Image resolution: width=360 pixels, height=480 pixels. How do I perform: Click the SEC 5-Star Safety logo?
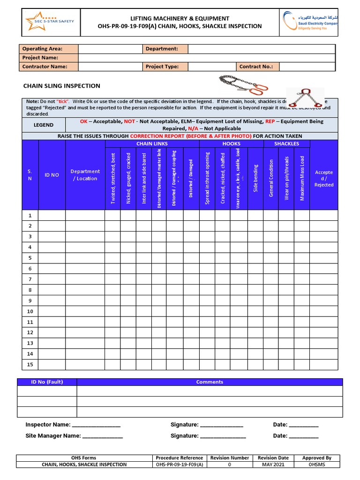[x=50, y=22]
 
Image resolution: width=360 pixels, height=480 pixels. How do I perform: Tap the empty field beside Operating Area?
[x=110, y=49]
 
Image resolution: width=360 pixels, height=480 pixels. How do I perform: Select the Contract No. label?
[x=256, y=67]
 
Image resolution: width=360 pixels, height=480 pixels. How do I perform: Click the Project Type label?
[x=162, y=67]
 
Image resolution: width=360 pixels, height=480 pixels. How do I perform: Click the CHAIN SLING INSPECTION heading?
[x=62, y=86]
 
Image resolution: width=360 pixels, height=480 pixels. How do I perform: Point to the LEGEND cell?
[x=43, y=125]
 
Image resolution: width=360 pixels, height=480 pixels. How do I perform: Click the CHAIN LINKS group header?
[x=152, y=143]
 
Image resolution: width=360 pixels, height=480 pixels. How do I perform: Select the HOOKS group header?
[x=231, y=143]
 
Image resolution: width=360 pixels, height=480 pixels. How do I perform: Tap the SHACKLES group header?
[x=286, y=143]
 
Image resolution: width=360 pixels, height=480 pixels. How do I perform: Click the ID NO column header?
[x=52, y=175]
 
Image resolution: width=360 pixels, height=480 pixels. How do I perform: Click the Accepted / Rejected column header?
[x=323, y=179]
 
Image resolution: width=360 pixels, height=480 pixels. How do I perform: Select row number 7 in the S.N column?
[x=30, y=279]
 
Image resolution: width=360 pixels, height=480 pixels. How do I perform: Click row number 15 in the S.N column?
[x=30, y=365]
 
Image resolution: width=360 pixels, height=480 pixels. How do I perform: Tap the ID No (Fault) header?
[x=47, y=382]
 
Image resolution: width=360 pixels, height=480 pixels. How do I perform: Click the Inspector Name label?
[x=47, y=425]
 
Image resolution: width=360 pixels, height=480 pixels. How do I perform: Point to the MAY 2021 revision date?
[x=273, y=465]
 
